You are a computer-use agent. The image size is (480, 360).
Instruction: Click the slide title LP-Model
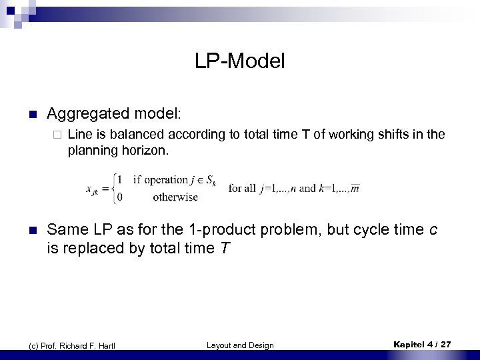point(239,62)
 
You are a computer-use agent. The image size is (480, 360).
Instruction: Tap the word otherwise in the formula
point(175,197)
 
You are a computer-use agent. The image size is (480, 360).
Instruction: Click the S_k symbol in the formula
point(211,180)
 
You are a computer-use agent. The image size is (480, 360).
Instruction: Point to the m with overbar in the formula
point(355,188)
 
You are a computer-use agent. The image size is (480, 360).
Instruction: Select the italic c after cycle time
point(433,231)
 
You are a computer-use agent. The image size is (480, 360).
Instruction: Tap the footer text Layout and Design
point(240,345)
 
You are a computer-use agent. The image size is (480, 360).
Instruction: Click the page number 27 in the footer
point(445,344)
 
